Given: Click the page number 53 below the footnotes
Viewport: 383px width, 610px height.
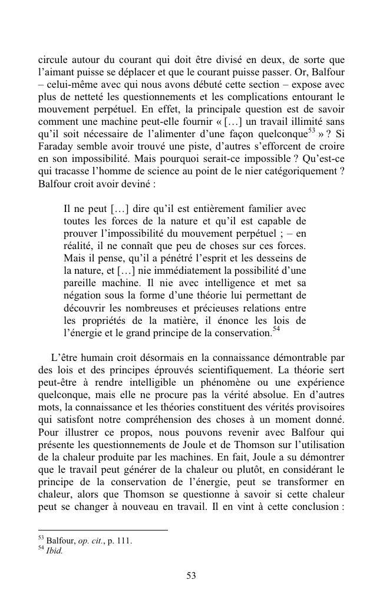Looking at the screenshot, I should pyautogui.click(x=191, y=576).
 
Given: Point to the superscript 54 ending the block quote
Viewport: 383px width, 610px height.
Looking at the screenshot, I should pyautogui.click(x=276, y=330).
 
